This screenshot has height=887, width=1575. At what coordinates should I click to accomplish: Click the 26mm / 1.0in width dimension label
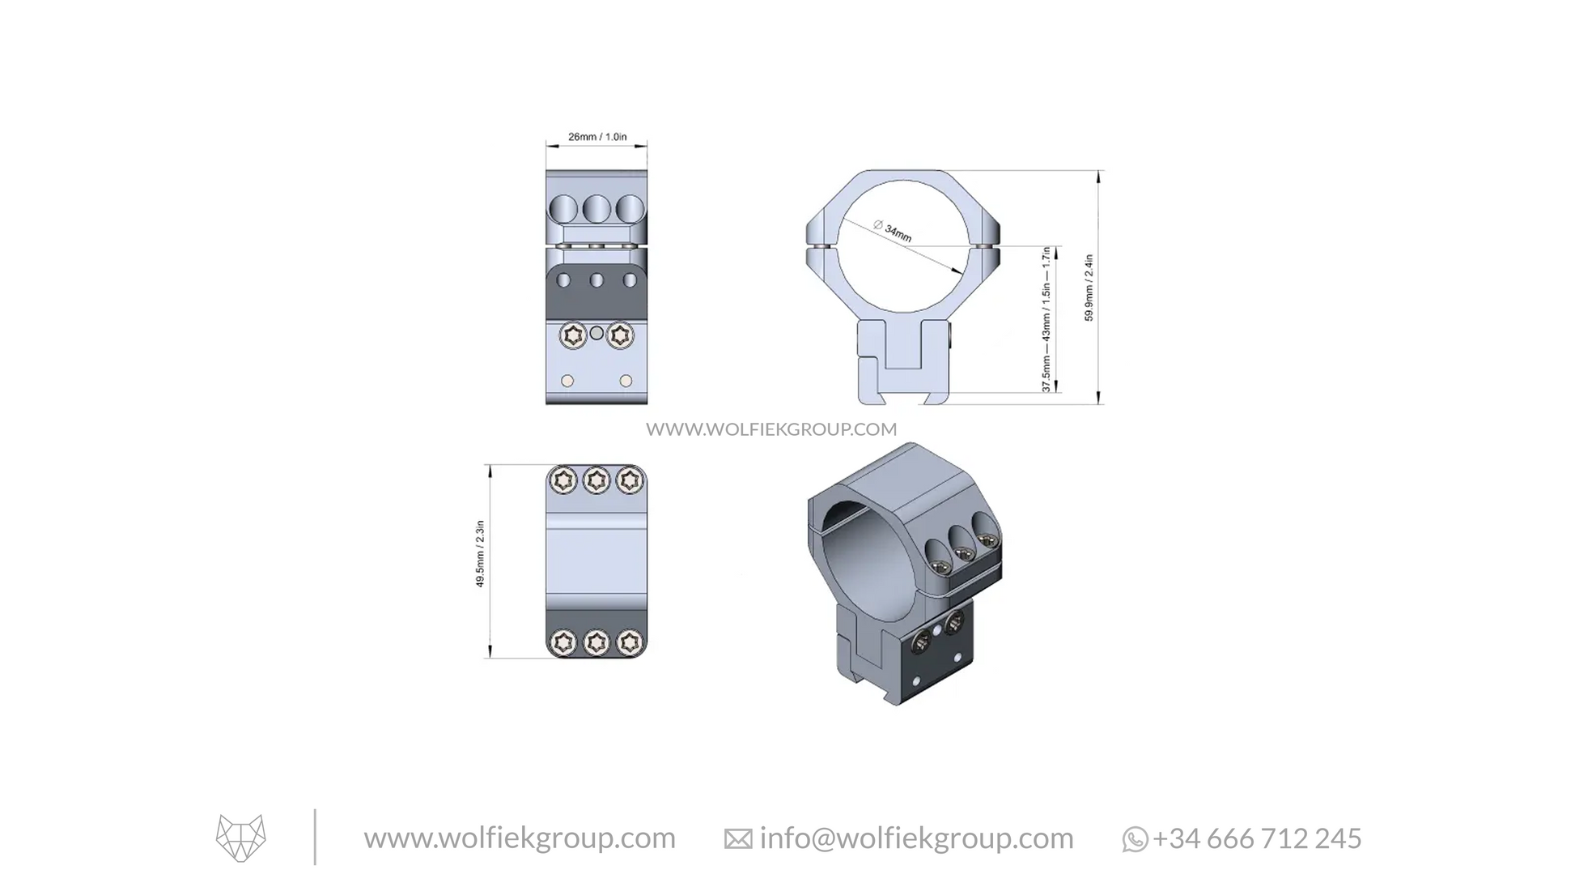[596, 137]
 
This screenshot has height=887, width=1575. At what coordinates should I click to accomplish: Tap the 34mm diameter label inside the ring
[893, 231]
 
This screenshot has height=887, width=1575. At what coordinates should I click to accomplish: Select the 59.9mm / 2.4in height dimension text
[1089, 288]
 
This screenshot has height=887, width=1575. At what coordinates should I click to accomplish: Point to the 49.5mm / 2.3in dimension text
[480, 554]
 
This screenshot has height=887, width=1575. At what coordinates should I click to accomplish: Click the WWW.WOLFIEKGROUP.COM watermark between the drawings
[771, 429]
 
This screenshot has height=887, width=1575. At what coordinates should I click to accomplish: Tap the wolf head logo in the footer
[240, 838]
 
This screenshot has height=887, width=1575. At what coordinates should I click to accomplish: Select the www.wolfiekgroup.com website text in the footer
[519, 838]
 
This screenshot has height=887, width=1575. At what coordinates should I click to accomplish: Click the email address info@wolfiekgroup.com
[916, 838]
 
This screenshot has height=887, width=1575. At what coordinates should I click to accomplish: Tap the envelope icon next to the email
[737, 840]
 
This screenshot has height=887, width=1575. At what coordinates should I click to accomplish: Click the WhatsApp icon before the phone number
[1134, 840]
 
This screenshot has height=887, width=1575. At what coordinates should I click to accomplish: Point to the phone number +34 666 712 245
[1257, 838]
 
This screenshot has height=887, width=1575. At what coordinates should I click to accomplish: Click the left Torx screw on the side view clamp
[573, 335]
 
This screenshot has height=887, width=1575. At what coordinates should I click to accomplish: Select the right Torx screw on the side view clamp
[620, 335]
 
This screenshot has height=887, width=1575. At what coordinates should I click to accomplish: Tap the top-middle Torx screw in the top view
[596, 480]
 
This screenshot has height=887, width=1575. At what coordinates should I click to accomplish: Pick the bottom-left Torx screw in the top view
[563, 643]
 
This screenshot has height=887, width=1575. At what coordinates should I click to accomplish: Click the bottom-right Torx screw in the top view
[630, 643]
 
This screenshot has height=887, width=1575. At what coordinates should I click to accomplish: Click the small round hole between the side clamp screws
[596, 333]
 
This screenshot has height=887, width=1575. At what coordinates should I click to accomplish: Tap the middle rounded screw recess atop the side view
[596, 209]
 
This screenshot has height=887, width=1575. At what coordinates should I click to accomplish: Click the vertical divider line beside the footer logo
[315, 837]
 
